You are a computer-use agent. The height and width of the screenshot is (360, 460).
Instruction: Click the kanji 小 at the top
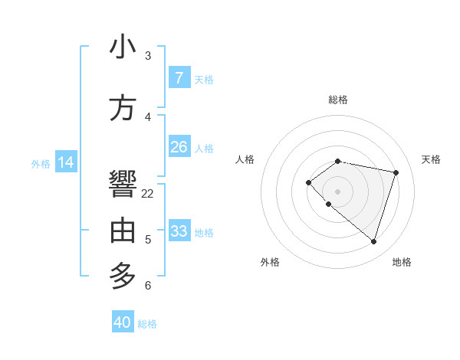click(x=123, y=47)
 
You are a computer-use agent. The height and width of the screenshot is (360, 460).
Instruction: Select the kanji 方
click(x=123, y=108)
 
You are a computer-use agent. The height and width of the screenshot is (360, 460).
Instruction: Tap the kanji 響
click(x=123, y=185)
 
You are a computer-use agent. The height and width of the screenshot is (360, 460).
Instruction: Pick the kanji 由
click(x=123, y=231)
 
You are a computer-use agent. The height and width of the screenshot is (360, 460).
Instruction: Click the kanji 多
click(x=123, y=275)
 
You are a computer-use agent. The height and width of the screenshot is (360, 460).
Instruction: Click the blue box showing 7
click(x=179, y=77)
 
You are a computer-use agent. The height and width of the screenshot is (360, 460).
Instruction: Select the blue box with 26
click(x=179, y=147)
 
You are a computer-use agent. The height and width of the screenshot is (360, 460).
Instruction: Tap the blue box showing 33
click(x=179, y=231)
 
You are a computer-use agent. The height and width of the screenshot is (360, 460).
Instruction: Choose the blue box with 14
click(x=66, y=162)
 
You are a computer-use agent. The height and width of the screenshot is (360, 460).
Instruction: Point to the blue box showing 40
click(x=123, y=322)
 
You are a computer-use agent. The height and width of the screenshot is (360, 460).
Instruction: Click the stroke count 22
click(x=148, y=193)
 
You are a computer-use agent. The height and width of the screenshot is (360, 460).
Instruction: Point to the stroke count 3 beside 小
click(x=148, y=55)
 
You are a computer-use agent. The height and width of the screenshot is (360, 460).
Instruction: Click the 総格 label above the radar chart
click(x=337, y=100)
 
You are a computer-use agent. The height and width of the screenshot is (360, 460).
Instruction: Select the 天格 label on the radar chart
click(x=431, y=159)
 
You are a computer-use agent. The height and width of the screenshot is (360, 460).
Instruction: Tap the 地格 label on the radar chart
click(x=402, y=262)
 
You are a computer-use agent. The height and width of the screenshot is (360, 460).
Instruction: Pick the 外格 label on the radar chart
click(x=270, y=262)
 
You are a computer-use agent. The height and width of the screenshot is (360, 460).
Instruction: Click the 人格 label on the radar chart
click(x=245, y=159)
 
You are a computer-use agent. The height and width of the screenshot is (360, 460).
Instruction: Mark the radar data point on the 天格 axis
click(x=396, y=172)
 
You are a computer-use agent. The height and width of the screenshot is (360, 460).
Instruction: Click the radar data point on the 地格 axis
click(x=373, y=241)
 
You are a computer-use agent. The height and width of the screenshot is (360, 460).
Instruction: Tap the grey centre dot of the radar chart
click(x=337, y=191)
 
